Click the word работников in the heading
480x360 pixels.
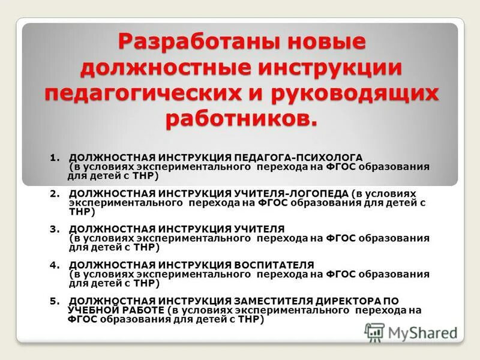coord(239,118)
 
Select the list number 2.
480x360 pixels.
coord(54,193)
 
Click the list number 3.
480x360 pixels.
coord(54,229)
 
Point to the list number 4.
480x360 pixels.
coord(54,265)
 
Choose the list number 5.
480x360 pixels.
coord(54,301)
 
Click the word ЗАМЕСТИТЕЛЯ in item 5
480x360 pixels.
coord(275,301)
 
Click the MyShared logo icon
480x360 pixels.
coord(375,331)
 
